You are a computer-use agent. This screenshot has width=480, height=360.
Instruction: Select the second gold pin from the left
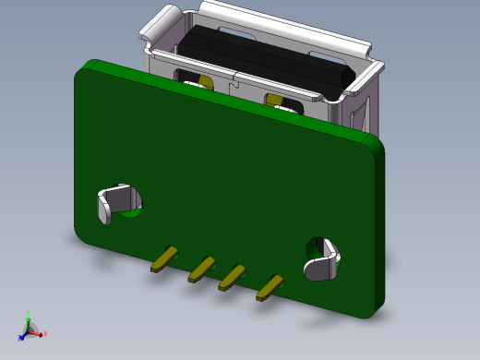pos(201,269)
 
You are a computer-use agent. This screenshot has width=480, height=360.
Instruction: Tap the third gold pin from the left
pos(232,277)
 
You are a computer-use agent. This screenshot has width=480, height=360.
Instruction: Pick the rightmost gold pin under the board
pos(270,288)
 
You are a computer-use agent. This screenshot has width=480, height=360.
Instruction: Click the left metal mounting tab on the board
pos(117,202)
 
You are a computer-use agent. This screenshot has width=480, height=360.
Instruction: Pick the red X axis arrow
pos(39,332)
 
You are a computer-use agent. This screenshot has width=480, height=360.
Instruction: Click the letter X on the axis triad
pos(45,333)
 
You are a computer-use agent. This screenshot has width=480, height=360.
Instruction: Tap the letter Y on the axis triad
pos(29,312)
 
